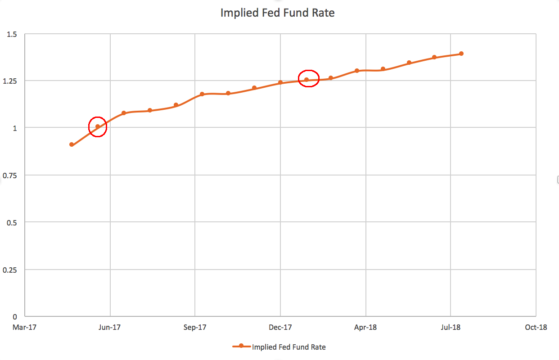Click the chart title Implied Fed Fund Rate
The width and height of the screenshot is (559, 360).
coord(277,13)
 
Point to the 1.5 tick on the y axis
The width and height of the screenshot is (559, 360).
coord(12,34)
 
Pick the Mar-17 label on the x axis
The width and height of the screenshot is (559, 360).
coord(25,327)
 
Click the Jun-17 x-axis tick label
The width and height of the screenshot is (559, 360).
coord(110,327)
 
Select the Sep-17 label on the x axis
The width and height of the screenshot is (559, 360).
coord(195,327)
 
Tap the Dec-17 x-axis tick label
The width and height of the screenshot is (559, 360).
coord(280,327)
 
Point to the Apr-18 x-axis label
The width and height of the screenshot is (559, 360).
coord(365,327)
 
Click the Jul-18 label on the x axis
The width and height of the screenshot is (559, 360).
coord(451,327)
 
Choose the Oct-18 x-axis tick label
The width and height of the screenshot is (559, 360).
coord(536,327)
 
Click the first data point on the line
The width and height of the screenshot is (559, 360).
coord(72,144)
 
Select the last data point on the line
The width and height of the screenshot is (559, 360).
coord(461,54)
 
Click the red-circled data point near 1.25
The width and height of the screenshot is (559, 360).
coord(307,80)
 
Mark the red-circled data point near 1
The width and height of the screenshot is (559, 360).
coord(98,126)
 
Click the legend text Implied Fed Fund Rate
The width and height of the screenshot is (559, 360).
coord(289,347)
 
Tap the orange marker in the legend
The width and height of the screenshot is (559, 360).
coord(241,346)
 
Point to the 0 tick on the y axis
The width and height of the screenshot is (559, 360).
coord(15,317)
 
